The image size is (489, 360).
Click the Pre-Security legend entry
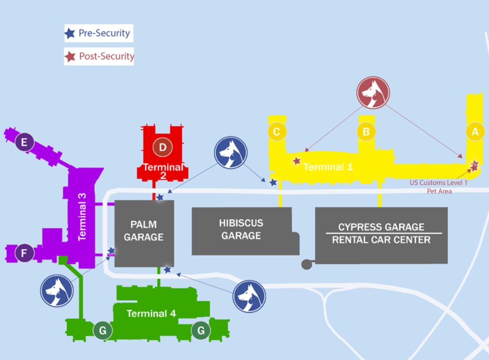(99, 34)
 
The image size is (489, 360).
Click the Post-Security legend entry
(100, 57)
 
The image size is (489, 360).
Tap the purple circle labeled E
(25, 141)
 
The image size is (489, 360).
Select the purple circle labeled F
(24, 254)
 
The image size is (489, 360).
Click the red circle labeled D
(162, 147)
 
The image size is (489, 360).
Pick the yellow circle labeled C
(277, 132)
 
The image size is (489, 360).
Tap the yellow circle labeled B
(366, 132)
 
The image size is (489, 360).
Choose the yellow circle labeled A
(475, 132)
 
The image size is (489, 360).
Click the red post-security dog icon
(373, 92)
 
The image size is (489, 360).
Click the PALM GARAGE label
(143, 231)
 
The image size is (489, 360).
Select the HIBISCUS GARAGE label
(241, 229)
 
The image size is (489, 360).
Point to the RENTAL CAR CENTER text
(381, 240)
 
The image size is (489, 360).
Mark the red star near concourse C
(297, 161)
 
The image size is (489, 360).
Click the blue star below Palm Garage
(167, 269)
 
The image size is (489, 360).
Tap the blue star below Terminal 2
(160, 197)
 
